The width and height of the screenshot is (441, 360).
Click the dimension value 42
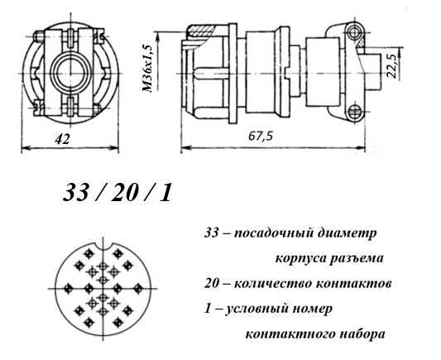tap(62, 139)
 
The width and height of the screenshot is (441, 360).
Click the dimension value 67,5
tap(261, 137)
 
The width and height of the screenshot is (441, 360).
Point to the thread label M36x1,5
tap(148, 69)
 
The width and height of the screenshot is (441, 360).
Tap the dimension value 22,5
tap(391, 65)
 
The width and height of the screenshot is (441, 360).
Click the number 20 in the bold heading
tap(123, 193)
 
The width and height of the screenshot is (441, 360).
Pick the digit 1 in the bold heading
tap(166, 193)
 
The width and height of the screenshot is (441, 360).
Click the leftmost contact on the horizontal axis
tap(68, 289)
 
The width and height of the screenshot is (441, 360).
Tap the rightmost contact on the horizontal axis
tap(138, 289)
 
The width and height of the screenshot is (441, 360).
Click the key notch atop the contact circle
tap(103, 245)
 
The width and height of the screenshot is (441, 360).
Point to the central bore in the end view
tap(71, 74)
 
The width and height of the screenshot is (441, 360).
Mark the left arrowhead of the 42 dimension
tap(26, 147)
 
